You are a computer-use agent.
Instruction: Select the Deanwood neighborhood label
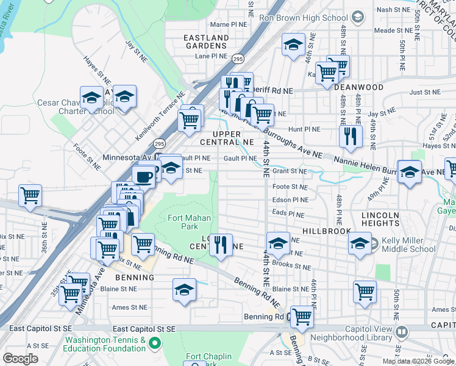pos(359,87)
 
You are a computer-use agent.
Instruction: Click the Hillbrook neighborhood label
pos(326,231)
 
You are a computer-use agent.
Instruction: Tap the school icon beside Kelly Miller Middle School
pos(360,243)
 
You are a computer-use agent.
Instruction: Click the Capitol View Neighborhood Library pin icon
pos(401,332)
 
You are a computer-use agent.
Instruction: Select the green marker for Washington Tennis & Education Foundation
pos(154,344)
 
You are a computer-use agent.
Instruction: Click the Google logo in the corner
pos(20,359)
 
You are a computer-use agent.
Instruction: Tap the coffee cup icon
pos(143,176)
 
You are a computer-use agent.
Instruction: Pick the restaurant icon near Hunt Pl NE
pos(350,136)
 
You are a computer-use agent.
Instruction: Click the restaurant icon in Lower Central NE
pos(221,244)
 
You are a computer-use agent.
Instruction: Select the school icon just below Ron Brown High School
pos(293,45)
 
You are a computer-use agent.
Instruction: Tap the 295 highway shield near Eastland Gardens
pos(238,58)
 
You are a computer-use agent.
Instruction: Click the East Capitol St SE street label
pos(144,329)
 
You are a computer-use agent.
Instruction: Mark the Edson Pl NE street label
pos(290,200)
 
